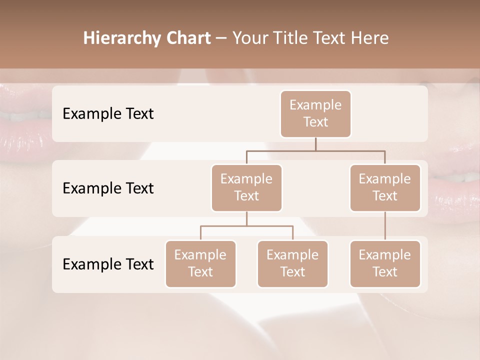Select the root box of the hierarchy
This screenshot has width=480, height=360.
pos(315,113)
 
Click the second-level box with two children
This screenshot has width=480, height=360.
pos(246,187)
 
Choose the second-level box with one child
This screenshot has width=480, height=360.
pos(385,187)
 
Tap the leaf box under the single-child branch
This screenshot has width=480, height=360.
pos(385,263)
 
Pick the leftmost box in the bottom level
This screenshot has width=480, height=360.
pos(200,263)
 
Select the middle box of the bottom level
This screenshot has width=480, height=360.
pos(292,263)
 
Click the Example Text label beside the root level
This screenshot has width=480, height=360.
pos(108,113)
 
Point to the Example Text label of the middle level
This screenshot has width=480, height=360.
pos(108,188)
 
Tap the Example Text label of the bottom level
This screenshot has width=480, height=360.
pos(108,264)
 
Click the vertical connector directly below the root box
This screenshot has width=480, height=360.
pos(315,144)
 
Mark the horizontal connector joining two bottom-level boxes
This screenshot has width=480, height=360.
pos(246,226)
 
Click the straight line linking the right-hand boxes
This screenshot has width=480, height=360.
pos(385,226)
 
